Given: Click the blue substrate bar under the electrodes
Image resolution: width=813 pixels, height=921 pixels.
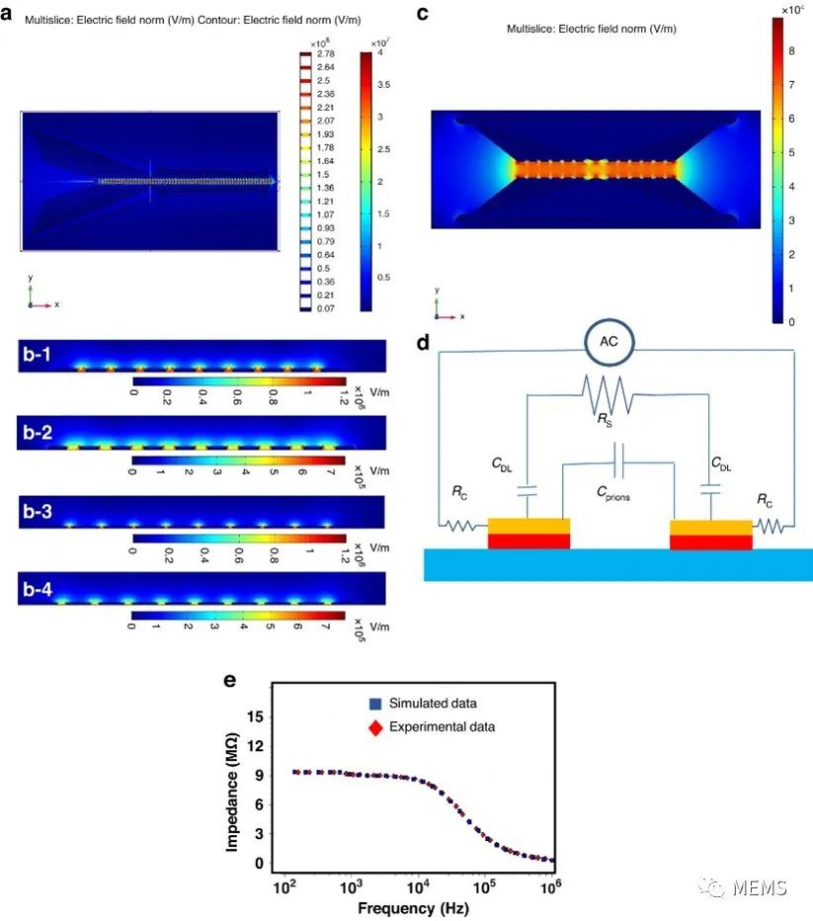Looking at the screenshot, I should pyautogui.click(x=617, y=565).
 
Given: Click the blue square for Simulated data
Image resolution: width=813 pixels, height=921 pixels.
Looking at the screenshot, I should pyautogui.click(x=374, y=705).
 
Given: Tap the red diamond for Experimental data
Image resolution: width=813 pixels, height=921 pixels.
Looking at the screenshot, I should pyautogui.click(x=374, y=727).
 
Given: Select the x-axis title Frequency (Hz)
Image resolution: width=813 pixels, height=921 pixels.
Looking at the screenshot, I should pyautogui.click(x=414, y=908).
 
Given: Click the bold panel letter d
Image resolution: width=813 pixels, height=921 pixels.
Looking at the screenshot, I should pyautogui.click(x=423, y=344).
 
